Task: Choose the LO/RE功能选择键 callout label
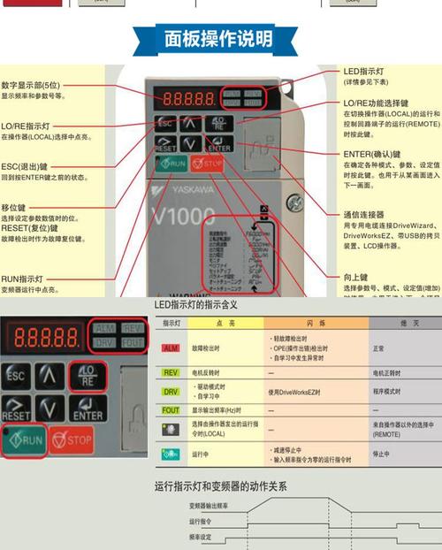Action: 377,103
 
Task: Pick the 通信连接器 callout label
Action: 364,214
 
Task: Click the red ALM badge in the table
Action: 171,348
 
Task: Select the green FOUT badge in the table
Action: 171,410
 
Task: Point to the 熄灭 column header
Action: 408,324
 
